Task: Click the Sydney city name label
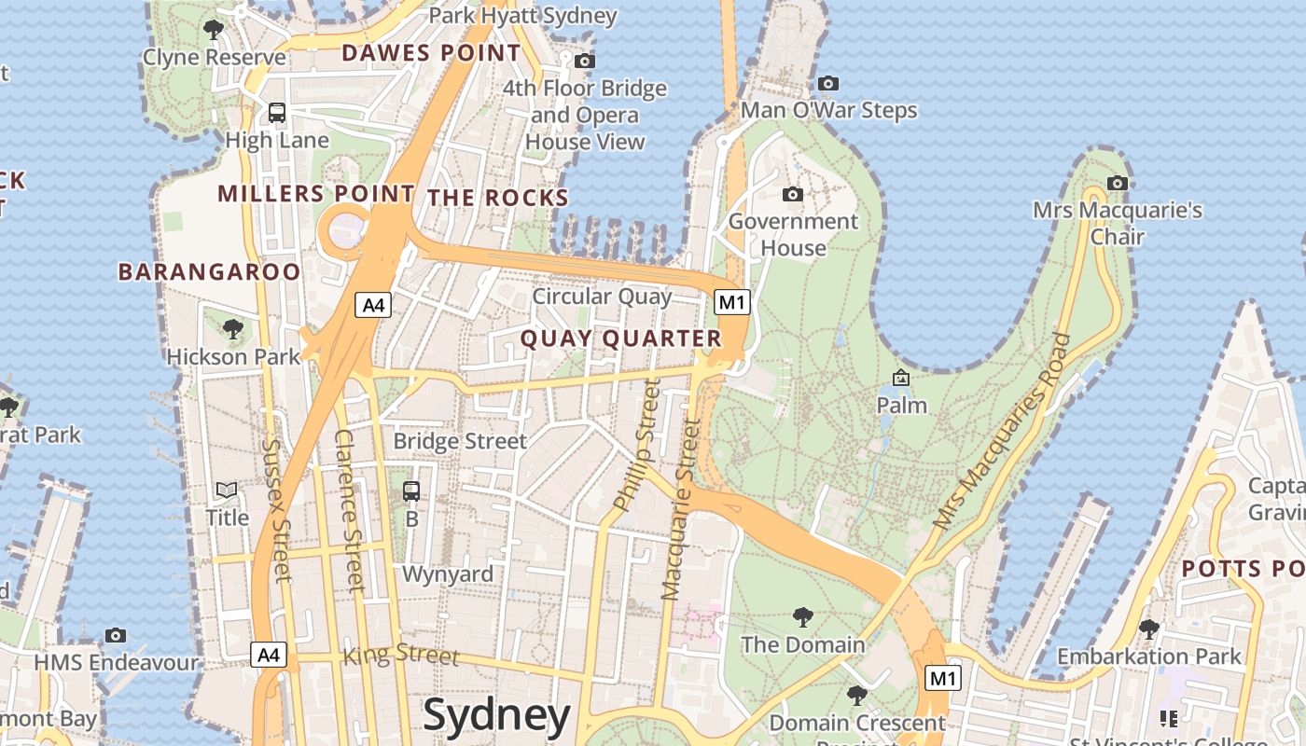496,715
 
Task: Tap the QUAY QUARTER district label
620,338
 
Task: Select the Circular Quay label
602,297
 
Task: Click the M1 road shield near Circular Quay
732,301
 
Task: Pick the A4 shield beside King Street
269,655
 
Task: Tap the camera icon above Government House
792,194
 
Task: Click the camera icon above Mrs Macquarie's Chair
1117,183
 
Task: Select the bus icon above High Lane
277,113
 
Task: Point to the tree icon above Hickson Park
232,329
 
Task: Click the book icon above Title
227,490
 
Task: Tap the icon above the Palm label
901,378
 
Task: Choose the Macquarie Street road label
681,508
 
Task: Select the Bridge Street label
460,440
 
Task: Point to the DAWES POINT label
431,53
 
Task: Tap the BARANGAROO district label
209,271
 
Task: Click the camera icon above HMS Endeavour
116,635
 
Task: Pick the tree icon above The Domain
802,616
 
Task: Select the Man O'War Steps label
828,111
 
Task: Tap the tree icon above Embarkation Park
1149,629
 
